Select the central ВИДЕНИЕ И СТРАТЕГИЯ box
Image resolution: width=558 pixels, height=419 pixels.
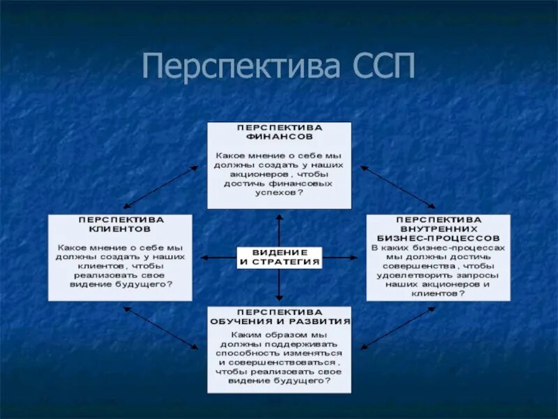click(280, 257)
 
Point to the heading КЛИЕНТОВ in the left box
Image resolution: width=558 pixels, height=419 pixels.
click(120, 228)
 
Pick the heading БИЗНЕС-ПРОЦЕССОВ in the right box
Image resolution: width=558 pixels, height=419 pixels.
click(438, 237)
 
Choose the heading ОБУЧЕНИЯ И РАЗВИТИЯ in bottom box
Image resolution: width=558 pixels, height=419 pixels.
click(280, 321)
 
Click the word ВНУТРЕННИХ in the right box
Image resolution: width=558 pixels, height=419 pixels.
click(439, 228)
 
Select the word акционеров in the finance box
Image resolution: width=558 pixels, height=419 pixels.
click(252, 174)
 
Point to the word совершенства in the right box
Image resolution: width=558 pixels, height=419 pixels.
click(413, 266)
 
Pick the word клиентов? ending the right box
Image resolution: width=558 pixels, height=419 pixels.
click(438, 294)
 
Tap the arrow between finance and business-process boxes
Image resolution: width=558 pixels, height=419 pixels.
click(398, 186)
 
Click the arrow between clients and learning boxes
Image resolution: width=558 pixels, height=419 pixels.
click(160, 328)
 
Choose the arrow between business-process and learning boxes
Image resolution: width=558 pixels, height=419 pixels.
click(398, 328)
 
